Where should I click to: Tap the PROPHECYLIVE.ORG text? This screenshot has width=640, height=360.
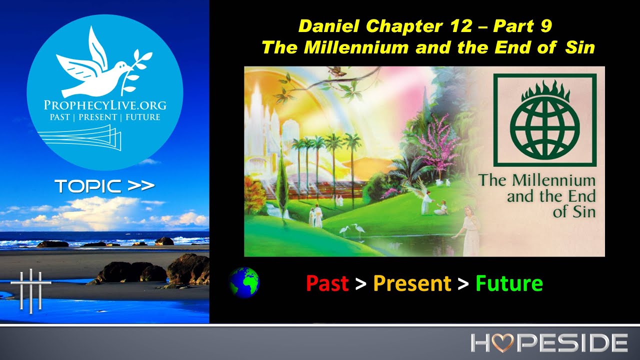click(105, 105)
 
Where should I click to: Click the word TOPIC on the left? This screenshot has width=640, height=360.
click(89, 186)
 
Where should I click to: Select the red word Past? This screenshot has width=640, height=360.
click(327, 283)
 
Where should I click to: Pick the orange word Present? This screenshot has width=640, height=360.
click(412, 283)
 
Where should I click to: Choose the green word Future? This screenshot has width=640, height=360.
click(509, 283)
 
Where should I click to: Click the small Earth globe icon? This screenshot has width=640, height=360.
click(244, 282)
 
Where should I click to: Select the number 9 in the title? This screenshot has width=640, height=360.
click(546, 26)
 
